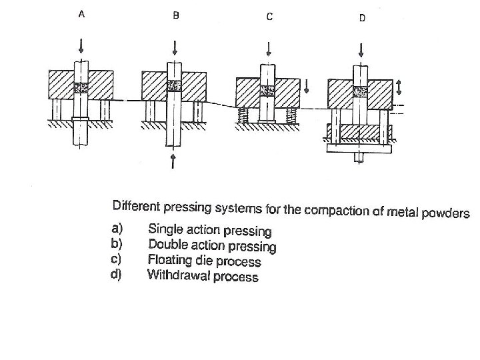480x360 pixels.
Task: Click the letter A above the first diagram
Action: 81,16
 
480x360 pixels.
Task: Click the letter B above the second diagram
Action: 175,17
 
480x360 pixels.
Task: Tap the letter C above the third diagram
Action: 269,17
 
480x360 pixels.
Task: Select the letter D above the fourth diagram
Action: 362,18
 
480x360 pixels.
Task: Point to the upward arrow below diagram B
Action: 173,160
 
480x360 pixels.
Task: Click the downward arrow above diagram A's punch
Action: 81,45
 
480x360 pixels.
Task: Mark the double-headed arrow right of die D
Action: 399,87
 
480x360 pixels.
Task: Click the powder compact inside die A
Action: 81,87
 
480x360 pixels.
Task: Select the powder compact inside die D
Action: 361,90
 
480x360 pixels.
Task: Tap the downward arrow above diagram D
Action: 361,48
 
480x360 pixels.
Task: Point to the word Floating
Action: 169,259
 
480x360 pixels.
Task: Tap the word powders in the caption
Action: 446,214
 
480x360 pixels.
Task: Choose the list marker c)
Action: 115,259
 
